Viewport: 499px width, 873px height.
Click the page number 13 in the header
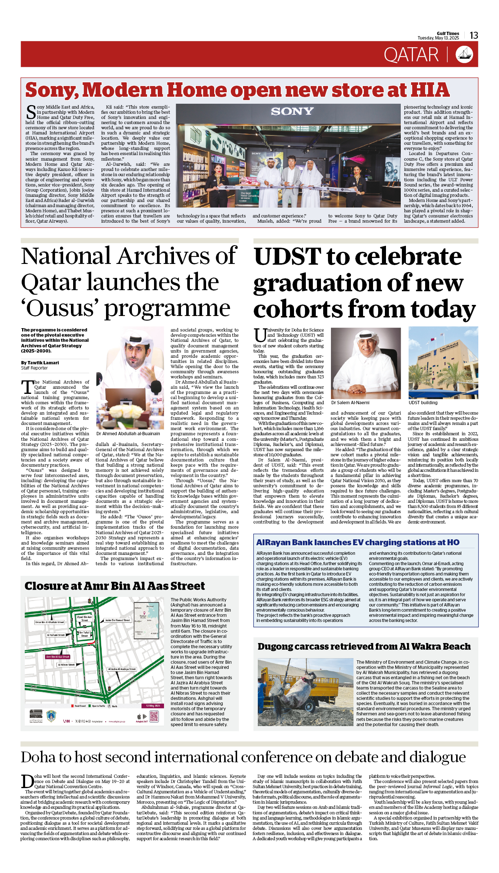[x=474, y=35]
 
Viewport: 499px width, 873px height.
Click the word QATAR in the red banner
[x=411, y=55]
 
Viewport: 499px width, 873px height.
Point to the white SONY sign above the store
[x=292, y=111]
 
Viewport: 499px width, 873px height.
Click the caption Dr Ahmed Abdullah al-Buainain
[x=128, y=434]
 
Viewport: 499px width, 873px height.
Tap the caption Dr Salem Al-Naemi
[x=350, y=403]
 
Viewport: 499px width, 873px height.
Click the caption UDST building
[x=423, y=403]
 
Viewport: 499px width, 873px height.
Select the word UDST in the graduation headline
[x=288, y=257]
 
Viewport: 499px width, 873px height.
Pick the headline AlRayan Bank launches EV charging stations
[x=358, y=542]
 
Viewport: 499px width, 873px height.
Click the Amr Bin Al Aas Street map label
[x=58, y=657]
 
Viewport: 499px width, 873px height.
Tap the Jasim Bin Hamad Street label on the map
[x=117, y=620]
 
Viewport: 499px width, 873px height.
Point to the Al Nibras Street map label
[x=66, y=665]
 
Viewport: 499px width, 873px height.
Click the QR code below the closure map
[x=154, y=716]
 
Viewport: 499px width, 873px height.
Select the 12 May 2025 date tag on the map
[x=153, y=706]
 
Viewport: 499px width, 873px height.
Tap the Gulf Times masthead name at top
[x=448, y=33]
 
